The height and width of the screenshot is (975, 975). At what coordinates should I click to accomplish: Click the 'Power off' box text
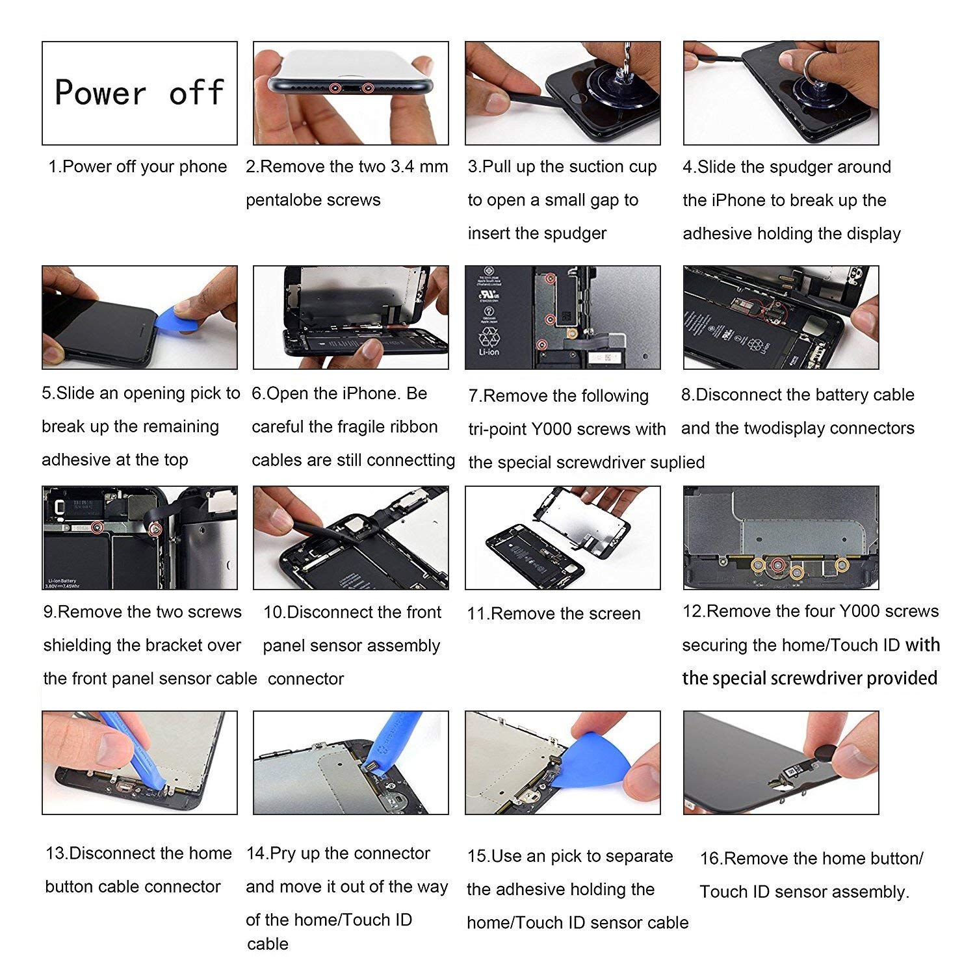140,92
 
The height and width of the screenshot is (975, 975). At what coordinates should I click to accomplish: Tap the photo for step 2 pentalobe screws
351,93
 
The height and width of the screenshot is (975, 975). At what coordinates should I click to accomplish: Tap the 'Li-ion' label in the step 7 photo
489,351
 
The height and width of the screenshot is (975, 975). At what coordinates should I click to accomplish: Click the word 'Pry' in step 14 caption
283,854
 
